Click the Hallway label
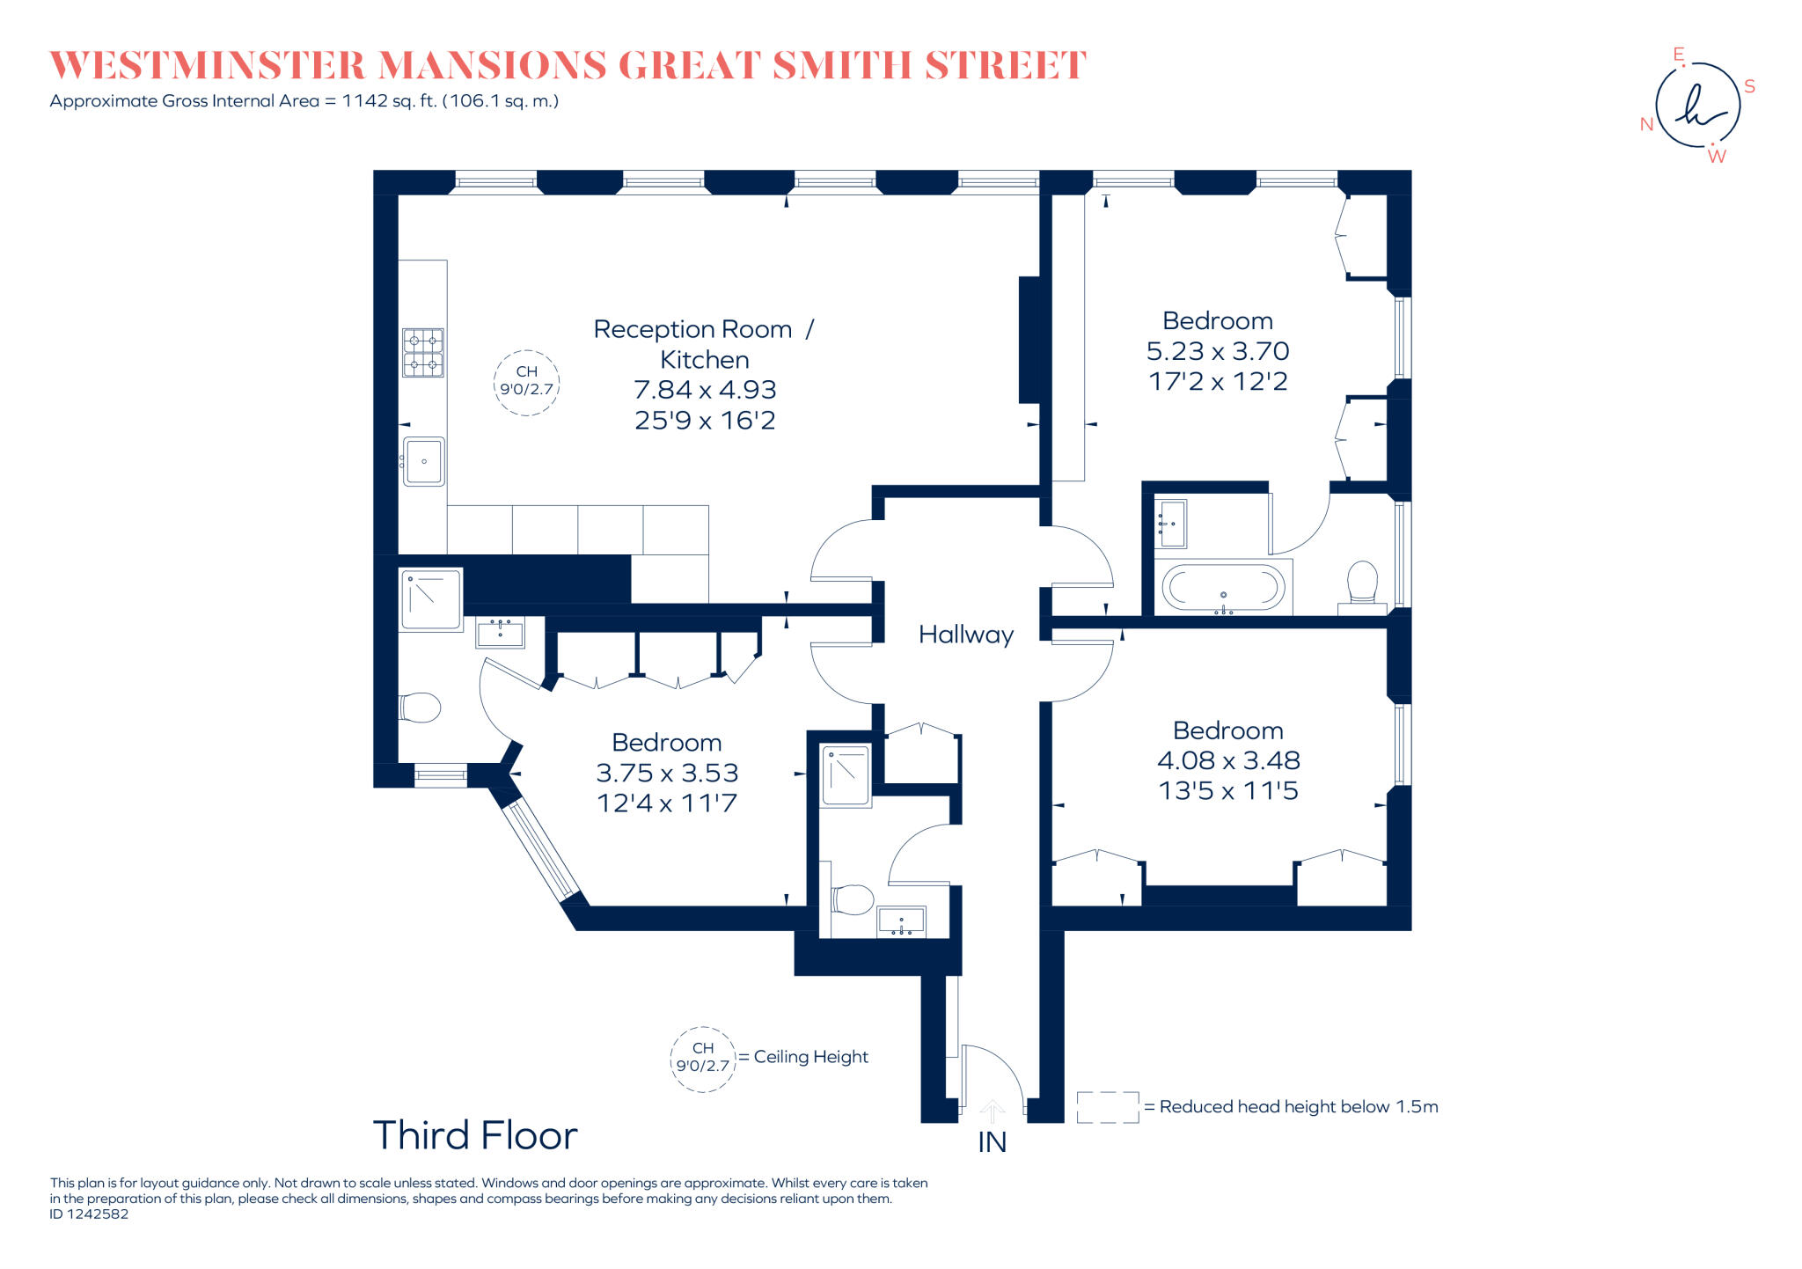(x=965, y=634)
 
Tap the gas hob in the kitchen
(x=422, y=353)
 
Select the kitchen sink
(x=424, y=462)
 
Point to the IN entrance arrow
(x=992, y=1112)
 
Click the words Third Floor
(x=475, y=1135)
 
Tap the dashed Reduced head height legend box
(x=1107, y=1107)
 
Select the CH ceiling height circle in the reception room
(x=526, y=382)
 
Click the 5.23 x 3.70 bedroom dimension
(x=1217, y=351)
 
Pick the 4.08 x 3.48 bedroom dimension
(x=1227, y=760)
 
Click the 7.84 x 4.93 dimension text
(x=705, y=390)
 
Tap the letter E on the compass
(x=1678, y=55)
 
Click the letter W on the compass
(x=1717, y=157)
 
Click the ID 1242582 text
(x=89, y=1214)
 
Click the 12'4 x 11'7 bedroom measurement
(x=666, y=803)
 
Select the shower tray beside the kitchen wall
(x=431, y=600)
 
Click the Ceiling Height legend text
(x=810, y=1057)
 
